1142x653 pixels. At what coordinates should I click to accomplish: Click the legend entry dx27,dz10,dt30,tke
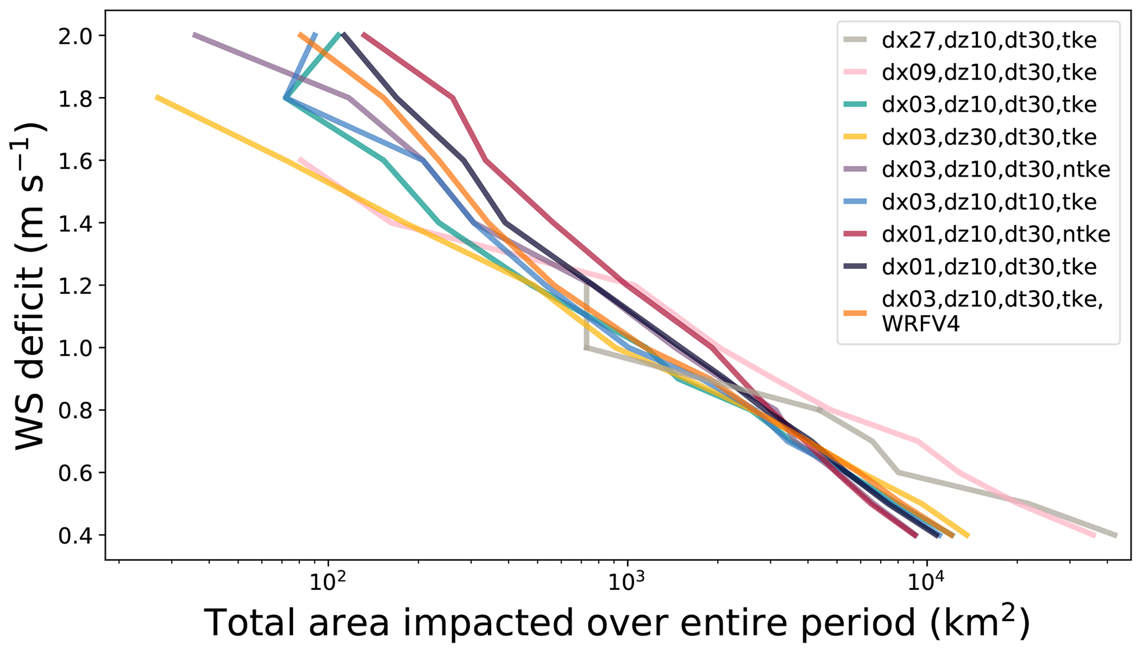[x=988, y=40]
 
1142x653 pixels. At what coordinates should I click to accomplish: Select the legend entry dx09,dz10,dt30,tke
[x=988, y=72]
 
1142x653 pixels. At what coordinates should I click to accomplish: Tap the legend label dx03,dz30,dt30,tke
[x=988, y=137]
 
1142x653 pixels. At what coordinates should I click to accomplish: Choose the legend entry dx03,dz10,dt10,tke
[x=988, y=202]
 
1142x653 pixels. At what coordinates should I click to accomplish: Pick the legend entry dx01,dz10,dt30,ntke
[x=996, y=234]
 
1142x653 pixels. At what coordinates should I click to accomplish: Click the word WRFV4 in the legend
[x=920, y=324]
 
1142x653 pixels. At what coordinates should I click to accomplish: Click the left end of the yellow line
[x=156, y=97]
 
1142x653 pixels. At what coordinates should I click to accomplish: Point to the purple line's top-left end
[x=193, y=35]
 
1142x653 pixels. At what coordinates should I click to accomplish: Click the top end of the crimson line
[x=363, y=34]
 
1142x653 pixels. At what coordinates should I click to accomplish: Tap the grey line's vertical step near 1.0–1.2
[x=586, y=317]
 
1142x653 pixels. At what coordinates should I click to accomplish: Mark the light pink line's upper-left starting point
[x=299, y=160]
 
